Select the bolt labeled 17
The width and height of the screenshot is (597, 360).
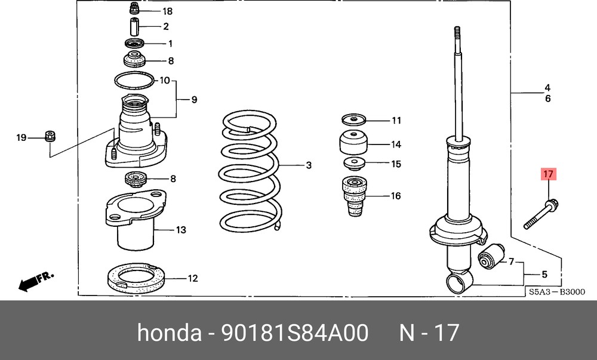click(541, 214)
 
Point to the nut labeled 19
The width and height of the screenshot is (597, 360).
click(50, 134)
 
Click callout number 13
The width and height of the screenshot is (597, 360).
click(181, 230)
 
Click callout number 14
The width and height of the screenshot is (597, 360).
click(396, 144)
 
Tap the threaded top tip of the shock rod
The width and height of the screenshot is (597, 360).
click(457, 33)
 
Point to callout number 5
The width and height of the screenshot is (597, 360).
click(544, 275)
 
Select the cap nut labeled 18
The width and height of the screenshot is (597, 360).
click(134, 10)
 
